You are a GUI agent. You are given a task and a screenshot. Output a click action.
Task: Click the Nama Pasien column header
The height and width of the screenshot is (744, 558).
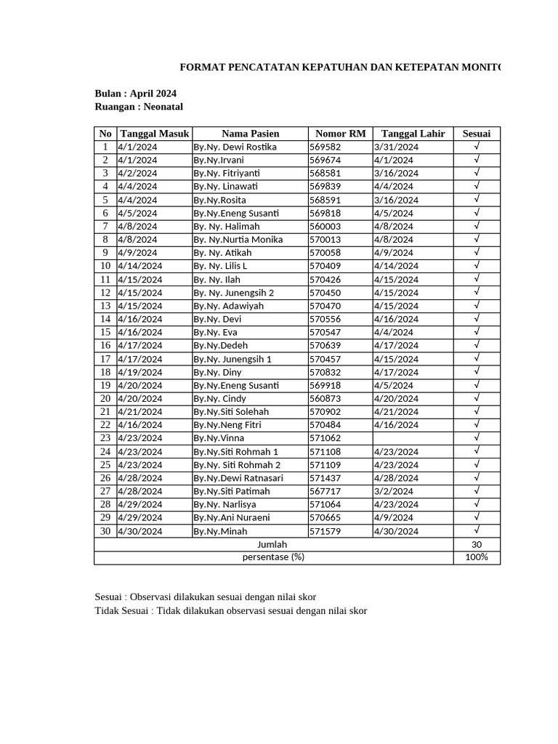coord(250,134)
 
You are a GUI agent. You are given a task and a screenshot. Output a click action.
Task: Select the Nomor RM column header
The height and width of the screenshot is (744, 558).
coord(340,134)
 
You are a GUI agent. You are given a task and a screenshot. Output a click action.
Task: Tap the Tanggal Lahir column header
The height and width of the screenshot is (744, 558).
coord(413,134)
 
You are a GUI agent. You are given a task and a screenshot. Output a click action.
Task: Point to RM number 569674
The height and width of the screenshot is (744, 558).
coord(325,160)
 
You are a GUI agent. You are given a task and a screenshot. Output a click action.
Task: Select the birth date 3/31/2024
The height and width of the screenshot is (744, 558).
coord(396,147)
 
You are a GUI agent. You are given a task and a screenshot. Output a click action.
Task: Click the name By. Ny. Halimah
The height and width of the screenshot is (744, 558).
coord(226,226)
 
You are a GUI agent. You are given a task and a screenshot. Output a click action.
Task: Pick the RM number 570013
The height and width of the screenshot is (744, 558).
coord(325,240)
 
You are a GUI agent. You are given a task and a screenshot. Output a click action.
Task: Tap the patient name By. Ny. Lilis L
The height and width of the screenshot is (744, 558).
coord(220,266)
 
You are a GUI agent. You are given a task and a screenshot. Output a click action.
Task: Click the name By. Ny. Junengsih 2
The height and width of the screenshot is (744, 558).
coord(233,293)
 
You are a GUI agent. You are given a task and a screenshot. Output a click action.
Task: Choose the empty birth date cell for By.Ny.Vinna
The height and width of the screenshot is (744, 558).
coord(413,438)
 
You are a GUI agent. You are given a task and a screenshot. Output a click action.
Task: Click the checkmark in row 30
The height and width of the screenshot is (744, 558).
coord(477,530)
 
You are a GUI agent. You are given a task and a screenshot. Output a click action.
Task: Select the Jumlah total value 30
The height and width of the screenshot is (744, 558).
coord(477,544)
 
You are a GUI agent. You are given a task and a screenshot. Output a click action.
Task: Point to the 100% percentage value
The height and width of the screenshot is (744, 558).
coord(477,557)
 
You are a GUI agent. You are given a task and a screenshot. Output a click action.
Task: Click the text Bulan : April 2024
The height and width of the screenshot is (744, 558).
coord(136,94)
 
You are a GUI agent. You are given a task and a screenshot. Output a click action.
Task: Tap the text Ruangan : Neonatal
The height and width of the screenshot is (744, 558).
coord(139,107)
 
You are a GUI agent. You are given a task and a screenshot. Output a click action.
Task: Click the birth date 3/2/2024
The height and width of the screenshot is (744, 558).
coord(393,491)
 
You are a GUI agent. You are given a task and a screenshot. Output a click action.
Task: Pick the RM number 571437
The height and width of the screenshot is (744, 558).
coord(325,478)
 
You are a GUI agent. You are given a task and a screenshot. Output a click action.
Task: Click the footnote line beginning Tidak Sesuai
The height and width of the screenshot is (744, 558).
coord(231,610)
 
